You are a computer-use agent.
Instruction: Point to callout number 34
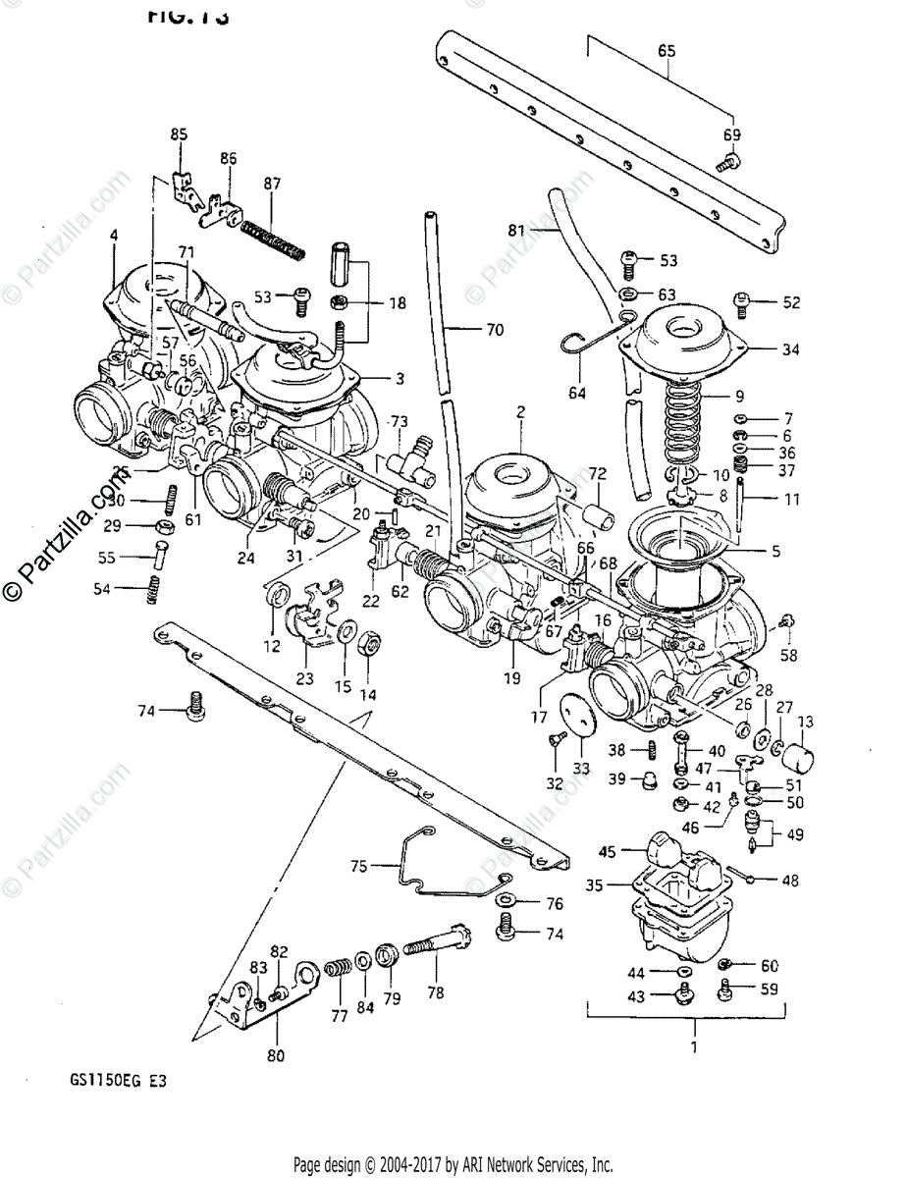click(791, 348)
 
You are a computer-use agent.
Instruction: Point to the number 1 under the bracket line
click(694, 1047)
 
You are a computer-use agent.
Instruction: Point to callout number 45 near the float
click(608, 852)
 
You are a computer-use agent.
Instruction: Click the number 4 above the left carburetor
click(114, 236)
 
